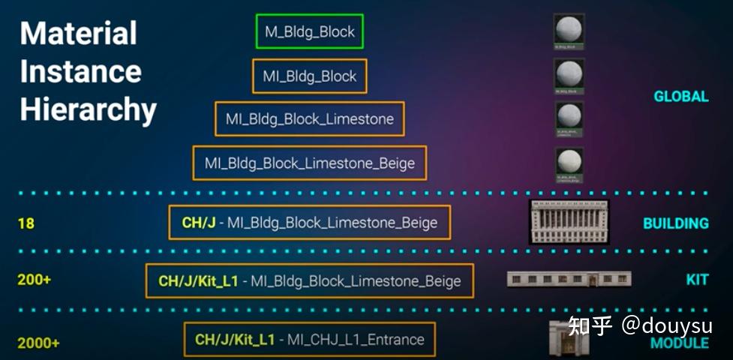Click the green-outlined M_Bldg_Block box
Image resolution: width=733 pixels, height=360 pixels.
pyautogui.click(x=309, y=31)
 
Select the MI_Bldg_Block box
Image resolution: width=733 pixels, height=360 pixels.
pyautogui.click(x=309, y=76)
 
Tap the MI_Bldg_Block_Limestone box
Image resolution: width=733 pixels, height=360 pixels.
pyautogui.click(x=309, y=119)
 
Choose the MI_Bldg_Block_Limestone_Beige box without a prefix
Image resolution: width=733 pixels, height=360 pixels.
pyautogui.click(x=309, y=163)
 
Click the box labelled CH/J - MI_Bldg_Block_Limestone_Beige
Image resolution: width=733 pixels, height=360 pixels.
pyautogui.click(x=309, y=223)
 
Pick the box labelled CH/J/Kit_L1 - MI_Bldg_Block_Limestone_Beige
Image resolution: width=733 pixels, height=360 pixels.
pyautogui.click(x=309, y=281)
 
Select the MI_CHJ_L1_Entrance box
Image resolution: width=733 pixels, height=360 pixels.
pyautogui.click(x=309, y=340)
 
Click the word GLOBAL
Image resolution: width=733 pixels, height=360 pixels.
pyautogui.click(x=680, y=97)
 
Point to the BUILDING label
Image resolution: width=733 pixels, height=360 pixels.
pyautogui.click(x=675, y=223)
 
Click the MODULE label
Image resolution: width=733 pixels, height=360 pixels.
pyautogui.click(x=679, y=343)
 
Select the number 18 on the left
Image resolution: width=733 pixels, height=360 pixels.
pyautogui.click(x=26, y=223)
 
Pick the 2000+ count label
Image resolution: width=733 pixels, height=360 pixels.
pyautogui.click(x=38, y=343)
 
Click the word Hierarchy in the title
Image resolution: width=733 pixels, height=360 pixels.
pyautogui.click(x=88, y=109)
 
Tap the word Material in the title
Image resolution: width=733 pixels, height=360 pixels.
pyautogui.click(x=78, y=34)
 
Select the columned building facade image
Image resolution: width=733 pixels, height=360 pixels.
pyautogui.click(x=569, y=222)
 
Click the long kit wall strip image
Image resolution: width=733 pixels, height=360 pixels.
pyautogui.click(x=569, y=280)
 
